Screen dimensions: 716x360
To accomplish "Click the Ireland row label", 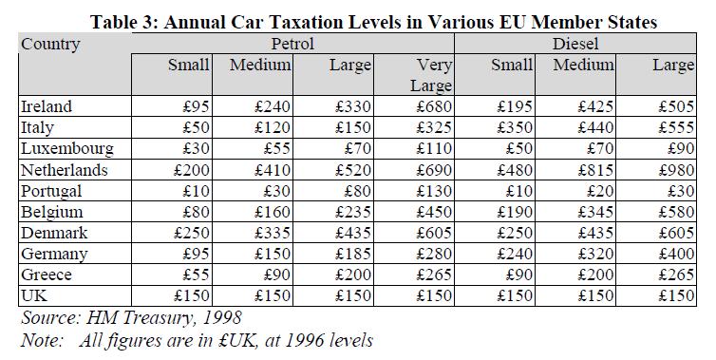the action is [47, 106].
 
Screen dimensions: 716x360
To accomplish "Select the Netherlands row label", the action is [65, 170].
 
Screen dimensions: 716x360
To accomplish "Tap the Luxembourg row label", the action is [67, 149].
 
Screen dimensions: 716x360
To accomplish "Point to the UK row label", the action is [34, 295].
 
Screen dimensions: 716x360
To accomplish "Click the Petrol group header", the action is [292, 44].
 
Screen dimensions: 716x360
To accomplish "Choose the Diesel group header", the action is [575, 44].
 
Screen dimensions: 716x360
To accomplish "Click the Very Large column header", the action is [431, 75].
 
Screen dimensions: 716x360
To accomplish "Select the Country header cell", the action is [50, 45].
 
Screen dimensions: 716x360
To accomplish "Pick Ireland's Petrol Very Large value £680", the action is [434, 106].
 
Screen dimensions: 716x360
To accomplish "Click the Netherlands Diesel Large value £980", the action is [676, 170].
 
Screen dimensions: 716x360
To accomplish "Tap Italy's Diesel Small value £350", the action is [515, 127].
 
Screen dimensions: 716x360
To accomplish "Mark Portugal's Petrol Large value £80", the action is [358, 191].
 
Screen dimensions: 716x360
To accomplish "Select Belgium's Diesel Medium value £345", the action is [595, 212].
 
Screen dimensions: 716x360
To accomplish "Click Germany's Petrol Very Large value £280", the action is [434, 254].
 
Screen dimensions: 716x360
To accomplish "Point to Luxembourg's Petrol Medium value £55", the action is [276, 149].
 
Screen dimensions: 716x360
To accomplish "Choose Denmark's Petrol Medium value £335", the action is [273, 233].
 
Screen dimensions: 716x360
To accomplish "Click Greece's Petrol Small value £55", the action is [196, 275].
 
